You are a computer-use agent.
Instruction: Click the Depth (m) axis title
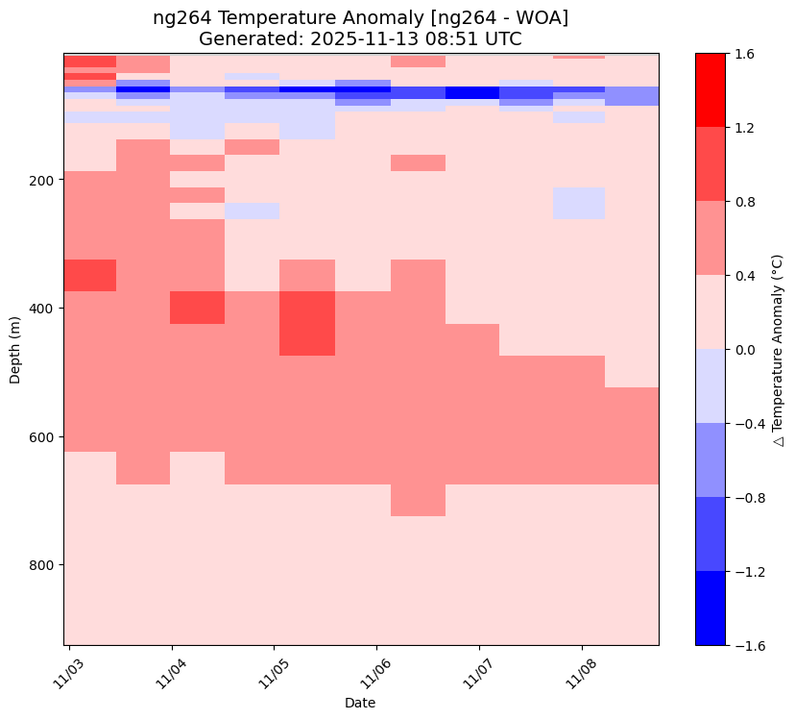(x=15, y=349)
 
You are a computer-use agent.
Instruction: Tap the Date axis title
(x=361, y=703)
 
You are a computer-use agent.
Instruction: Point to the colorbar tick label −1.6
(x=741, y=645)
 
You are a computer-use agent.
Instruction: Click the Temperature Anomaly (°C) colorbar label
(x=779, y=349)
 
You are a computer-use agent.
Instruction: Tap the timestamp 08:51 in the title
(x=463, y=38)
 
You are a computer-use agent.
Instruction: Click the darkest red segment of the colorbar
(x=711, y=90)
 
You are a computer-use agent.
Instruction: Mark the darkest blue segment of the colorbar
(x=711, y=608)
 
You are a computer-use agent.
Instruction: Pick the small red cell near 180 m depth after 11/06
(x=418, y=162)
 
